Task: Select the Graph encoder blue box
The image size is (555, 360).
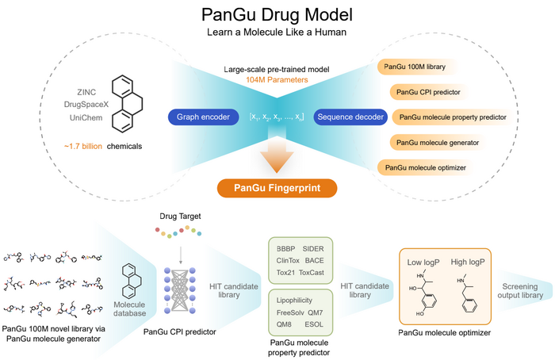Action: pyautogui.click(x=203, y=117)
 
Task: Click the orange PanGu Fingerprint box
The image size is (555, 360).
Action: pyautogui.click(x=277, y=188)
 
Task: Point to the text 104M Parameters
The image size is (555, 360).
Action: pyautogui.click(x=277, y=79)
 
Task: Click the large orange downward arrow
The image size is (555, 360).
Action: pyautogui.click(x=277, y=155)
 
